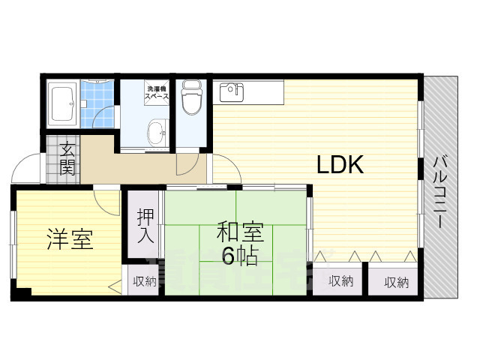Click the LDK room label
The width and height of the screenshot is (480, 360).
coord(339,165)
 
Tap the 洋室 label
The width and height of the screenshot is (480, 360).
coord(69,241)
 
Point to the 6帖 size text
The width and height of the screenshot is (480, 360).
coord(238,256)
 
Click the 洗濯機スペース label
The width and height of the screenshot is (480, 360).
coord(157,92)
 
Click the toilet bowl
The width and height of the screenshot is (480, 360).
coord(193,97)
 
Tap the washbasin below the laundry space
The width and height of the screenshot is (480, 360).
coord(157,133)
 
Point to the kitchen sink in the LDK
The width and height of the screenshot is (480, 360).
coord(232,91)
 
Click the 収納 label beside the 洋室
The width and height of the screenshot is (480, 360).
coord(145,281)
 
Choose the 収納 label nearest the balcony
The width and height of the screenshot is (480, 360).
coord(397,282)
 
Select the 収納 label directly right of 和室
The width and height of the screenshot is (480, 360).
coord(339,282)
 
